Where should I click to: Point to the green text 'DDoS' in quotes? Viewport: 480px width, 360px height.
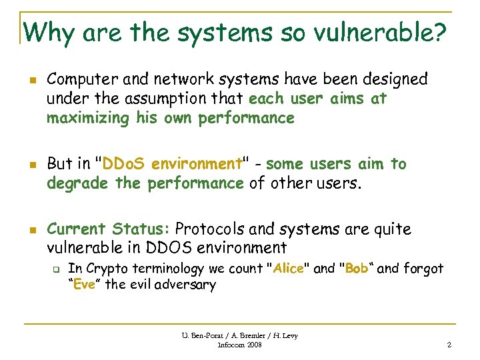125,164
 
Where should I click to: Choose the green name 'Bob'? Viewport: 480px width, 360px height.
357,269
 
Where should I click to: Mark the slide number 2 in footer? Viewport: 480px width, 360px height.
449,345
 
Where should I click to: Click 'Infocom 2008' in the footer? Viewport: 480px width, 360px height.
239,345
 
